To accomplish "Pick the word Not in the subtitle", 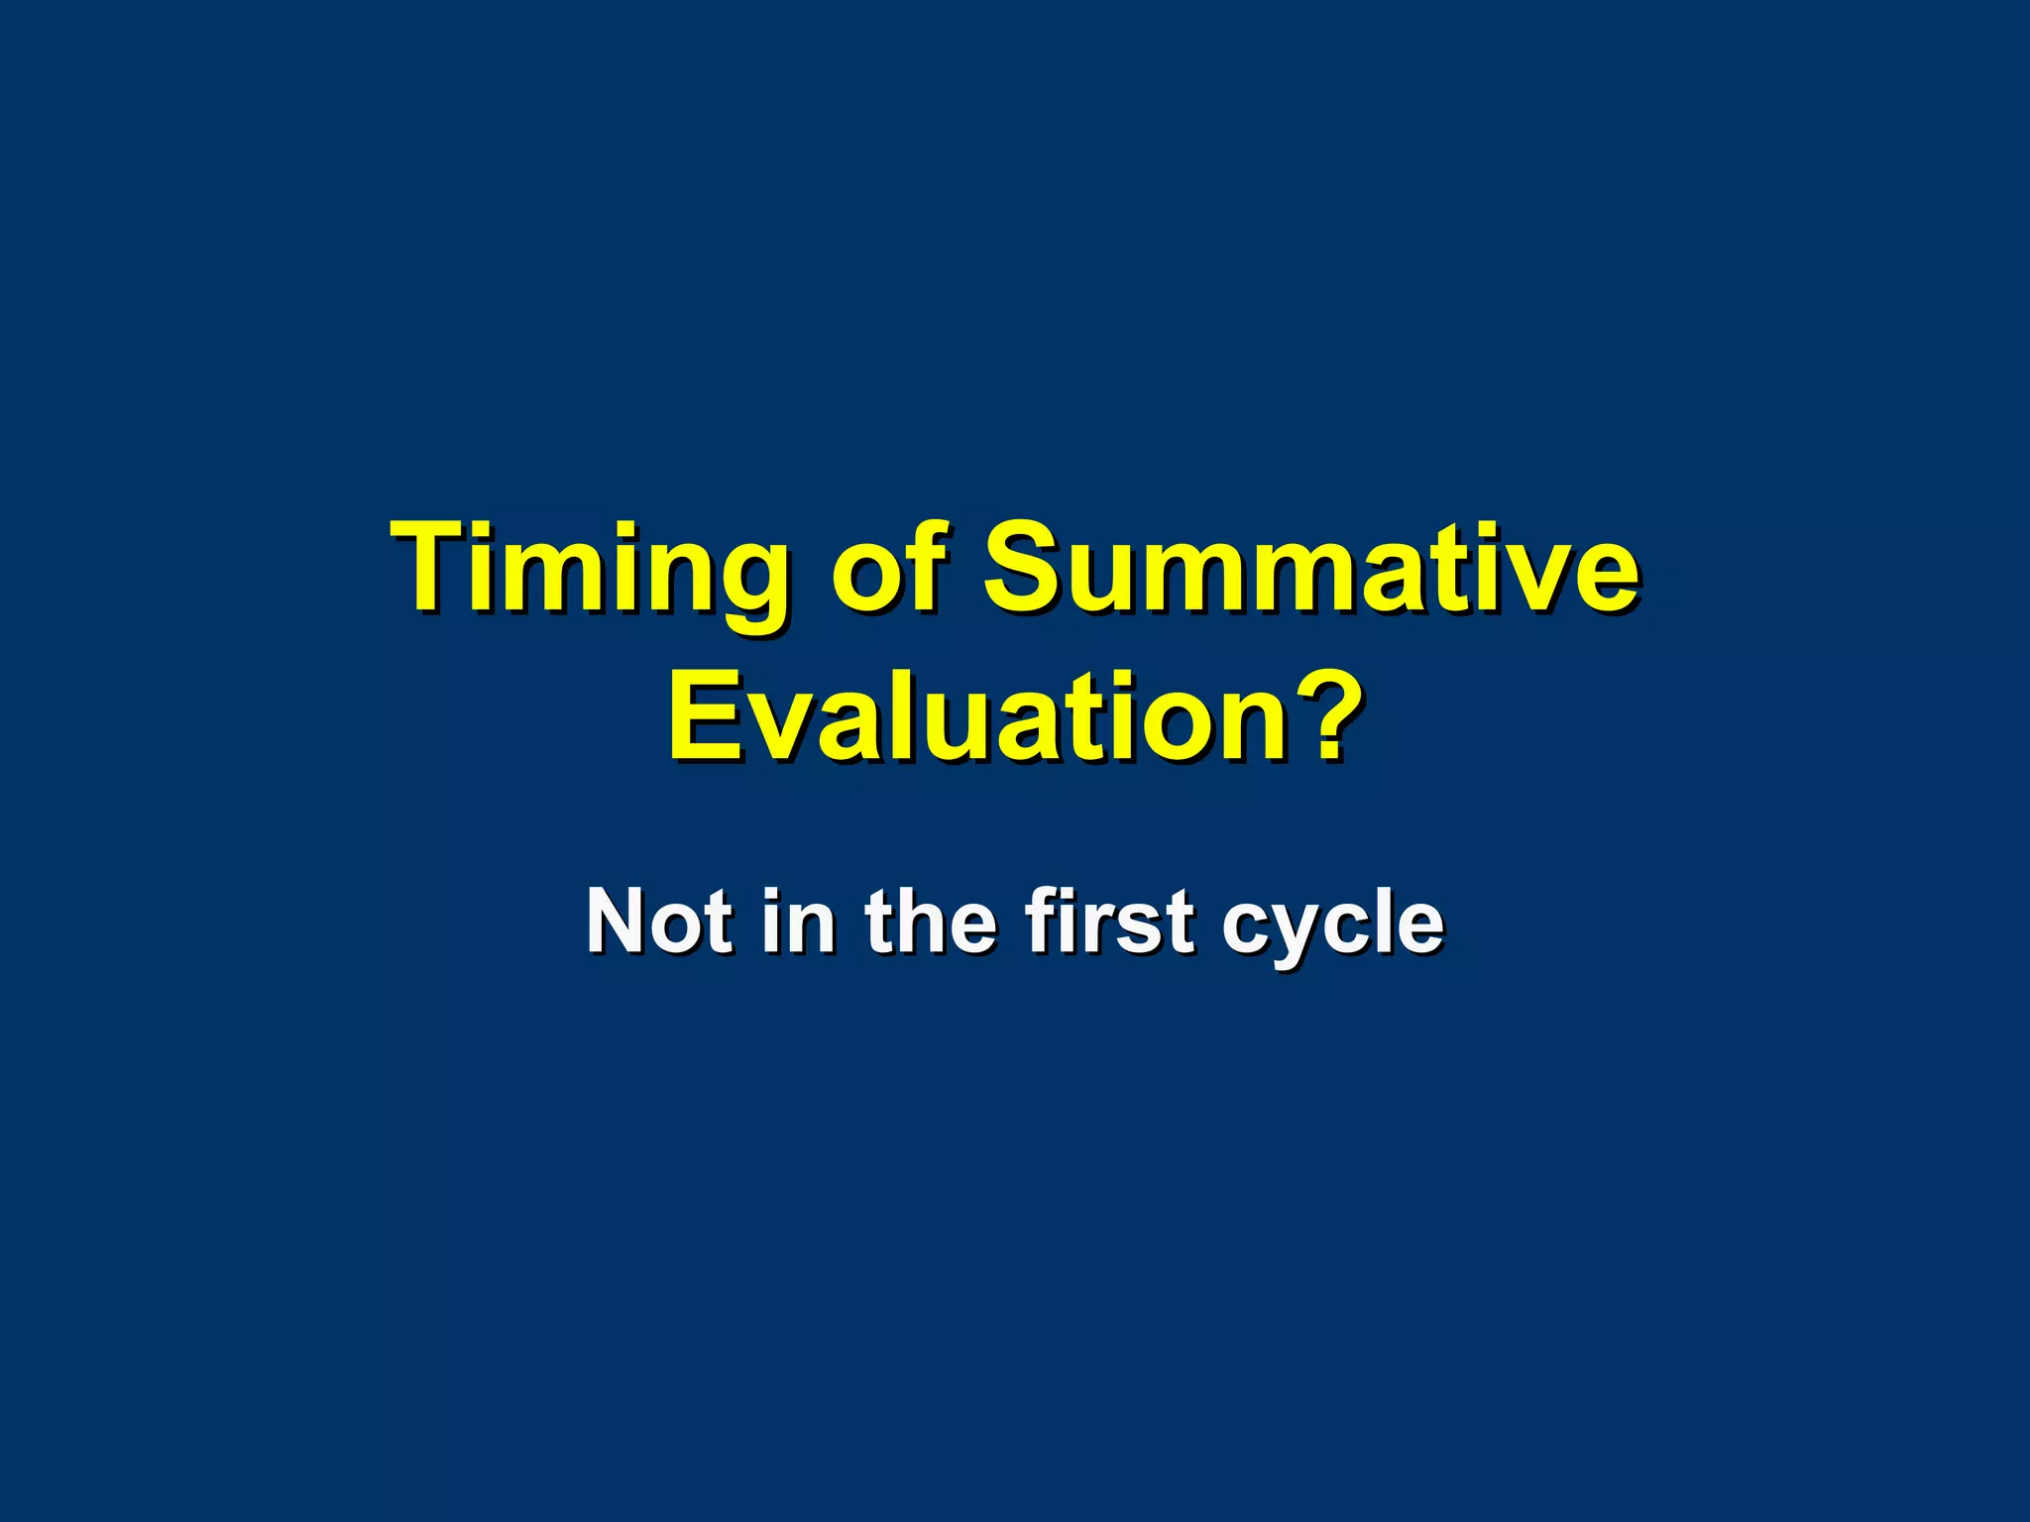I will coord(660,922).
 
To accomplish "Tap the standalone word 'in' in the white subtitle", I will coord(799,922).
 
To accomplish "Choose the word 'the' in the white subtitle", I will coord(931,922).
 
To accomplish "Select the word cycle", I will coord(1332,926).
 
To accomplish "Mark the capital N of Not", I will coord(619,922).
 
